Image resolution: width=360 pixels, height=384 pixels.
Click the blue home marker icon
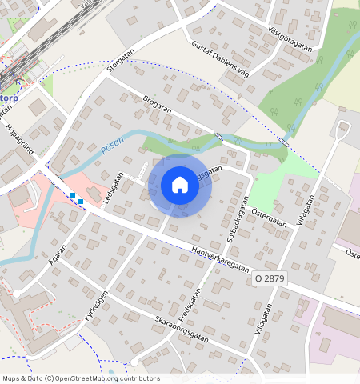180,185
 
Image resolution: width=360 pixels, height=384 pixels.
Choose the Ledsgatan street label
112,188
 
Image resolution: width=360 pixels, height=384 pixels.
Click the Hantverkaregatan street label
221,262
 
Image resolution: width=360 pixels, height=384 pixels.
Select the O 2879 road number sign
270,278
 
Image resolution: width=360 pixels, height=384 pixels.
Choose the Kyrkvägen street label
94,306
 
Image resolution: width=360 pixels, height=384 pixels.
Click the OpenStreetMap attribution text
81,378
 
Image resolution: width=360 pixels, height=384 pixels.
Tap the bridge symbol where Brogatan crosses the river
218,136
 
